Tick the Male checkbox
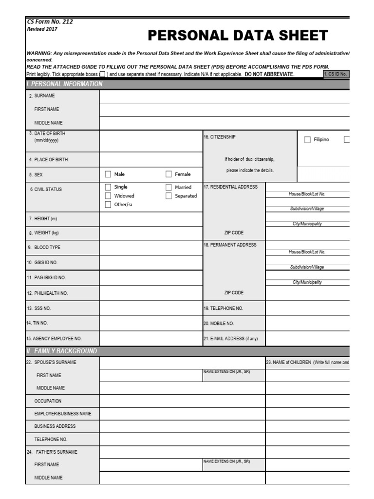coord(108,174)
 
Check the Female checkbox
coord(168,174)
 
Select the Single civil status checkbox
coord(108,187)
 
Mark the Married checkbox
coord(168,187)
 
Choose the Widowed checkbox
coord(108,196)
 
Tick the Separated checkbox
coord(168,196)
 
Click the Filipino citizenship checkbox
coord(307,140)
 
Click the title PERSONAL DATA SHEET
coord(238,36)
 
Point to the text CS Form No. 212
coord(50,21)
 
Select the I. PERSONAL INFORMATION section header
coord(64,84)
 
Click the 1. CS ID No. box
coord(336,74)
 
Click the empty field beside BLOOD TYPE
coord(151,247)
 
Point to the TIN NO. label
coord(37,323)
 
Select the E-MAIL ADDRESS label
coord(230,338)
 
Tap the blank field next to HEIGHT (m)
coord(151,219)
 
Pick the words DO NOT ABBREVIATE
coord(269,74)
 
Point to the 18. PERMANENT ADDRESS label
coord(229,245)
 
